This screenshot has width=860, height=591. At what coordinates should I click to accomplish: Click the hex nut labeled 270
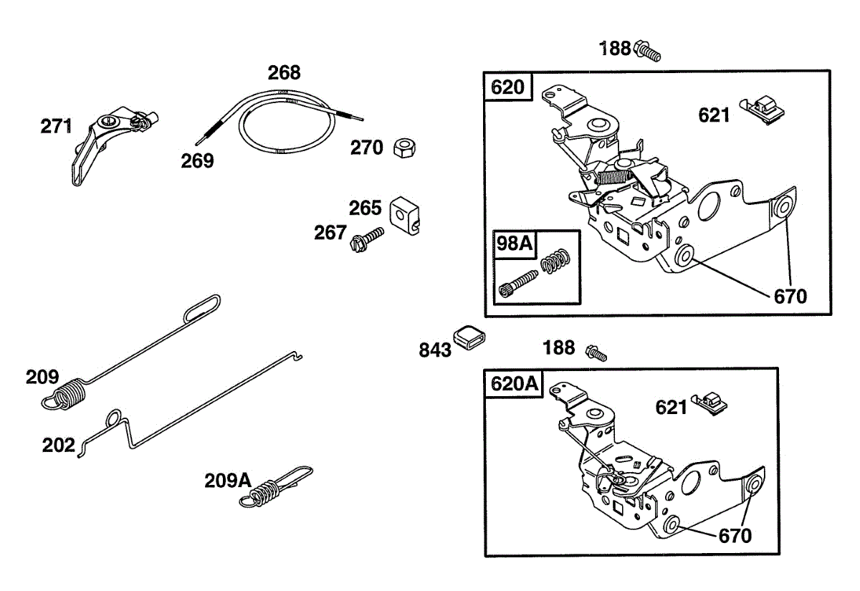[x=405, y=149]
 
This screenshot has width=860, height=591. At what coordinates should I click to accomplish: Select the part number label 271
[x=56, y=127]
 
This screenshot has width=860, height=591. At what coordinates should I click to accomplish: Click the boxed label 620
[x=508, y=87]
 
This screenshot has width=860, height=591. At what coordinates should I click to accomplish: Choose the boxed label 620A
[x=514, y=384]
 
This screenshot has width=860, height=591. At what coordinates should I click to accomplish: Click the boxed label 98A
[x=515, y=244]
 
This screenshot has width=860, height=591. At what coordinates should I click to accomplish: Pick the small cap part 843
[x=469, y=336]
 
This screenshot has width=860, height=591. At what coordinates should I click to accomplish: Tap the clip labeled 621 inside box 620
[x=766, y=110]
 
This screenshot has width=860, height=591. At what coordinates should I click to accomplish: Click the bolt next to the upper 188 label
[x=648, y=52]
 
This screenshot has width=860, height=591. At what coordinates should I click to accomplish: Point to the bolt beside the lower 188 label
[x=596, y=352]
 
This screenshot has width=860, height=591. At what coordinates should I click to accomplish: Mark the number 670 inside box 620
[x=789, y=296]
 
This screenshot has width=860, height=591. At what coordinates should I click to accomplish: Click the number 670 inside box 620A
[x=735, y=535]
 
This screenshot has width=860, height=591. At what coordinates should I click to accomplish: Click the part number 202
[x=59, y=446]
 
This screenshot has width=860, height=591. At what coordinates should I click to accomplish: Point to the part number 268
[x=284, y=72]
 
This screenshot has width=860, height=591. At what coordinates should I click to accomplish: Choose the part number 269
[x=197, y=161]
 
